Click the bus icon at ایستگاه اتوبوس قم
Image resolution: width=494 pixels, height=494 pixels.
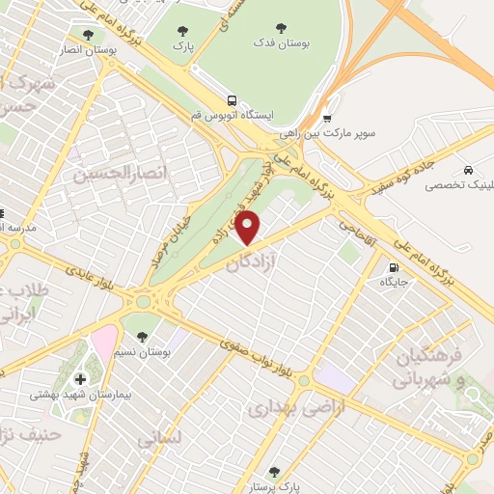pos(232,99)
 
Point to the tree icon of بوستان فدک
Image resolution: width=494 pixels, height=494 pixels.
pos(281,28)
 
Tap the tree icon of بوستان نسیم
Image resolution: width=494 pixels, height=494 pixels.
pos(143,337)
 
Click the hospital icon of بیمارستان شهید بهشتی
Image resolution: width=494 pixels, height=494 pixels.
pos(79,378)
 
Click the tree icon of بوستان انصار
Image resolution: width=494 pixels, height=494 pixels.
pos(88,33)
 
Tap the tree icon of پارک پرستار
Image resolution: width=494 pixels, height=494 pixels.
pos(274,471)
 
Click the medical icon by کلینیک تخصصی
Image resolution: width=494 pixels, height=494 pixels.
pos(468,168)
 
